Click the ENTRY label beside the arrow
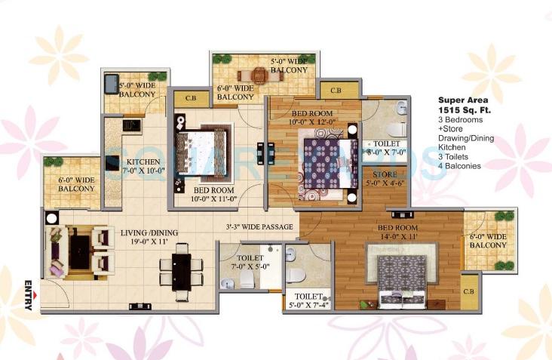point(29,295)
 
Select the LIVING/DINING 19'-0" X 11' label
point(149,238)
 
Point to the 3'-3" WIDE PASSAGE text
point(258,226)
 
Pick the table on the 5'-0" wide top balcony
point(258,75)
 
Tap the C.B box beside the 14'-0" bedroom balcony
point(468,291)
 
